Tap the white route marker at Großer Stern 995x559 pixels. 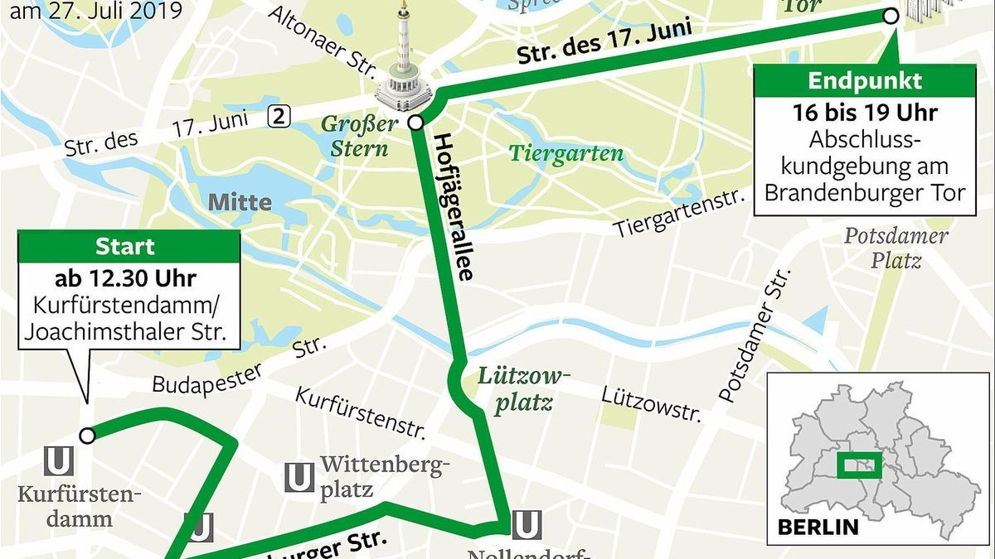[x=417, y=123]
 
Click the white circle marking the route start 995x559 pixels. [x=87, y=435]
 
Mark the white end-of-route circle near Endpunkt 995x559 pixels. [x=891, y=17]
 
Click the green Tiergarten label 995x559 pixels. [x=566, y=154]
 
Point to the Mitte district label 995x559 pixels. [x=240, y=202]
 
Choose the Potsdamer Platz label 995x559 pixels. [x=895, y=248]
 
